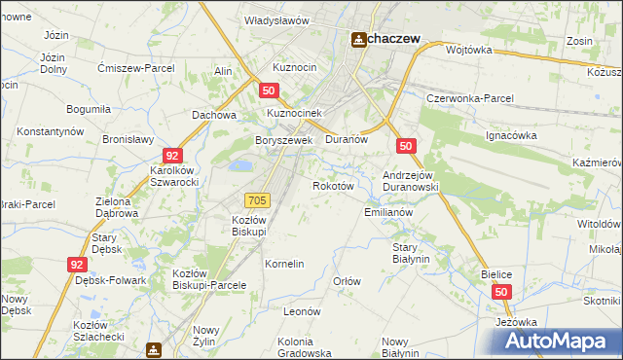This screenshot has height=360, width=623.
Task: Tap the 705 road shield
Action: (257, 199)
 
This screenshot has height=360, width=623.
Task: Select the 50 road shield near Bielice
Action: (501, 292)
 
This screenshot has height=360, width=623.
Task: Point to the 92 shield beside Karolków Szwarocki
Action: (172, 156)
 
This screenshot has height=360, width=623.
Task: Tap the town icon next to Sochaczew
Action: (358, 38)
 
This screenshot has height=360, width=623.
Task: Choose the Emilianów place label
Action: (388, 212)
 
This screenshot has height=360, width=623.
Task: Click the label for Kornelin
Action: (285, 264)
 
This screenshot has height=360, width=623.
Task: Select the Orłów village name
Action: (347, 281)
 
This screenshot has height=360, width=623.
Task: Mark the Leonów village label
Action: (302, 311)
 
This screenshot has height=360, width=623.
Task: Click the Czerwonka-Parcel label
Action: (470, 100)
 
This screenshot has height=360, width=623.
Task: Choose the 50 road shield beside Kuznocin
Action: (270, 90)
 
